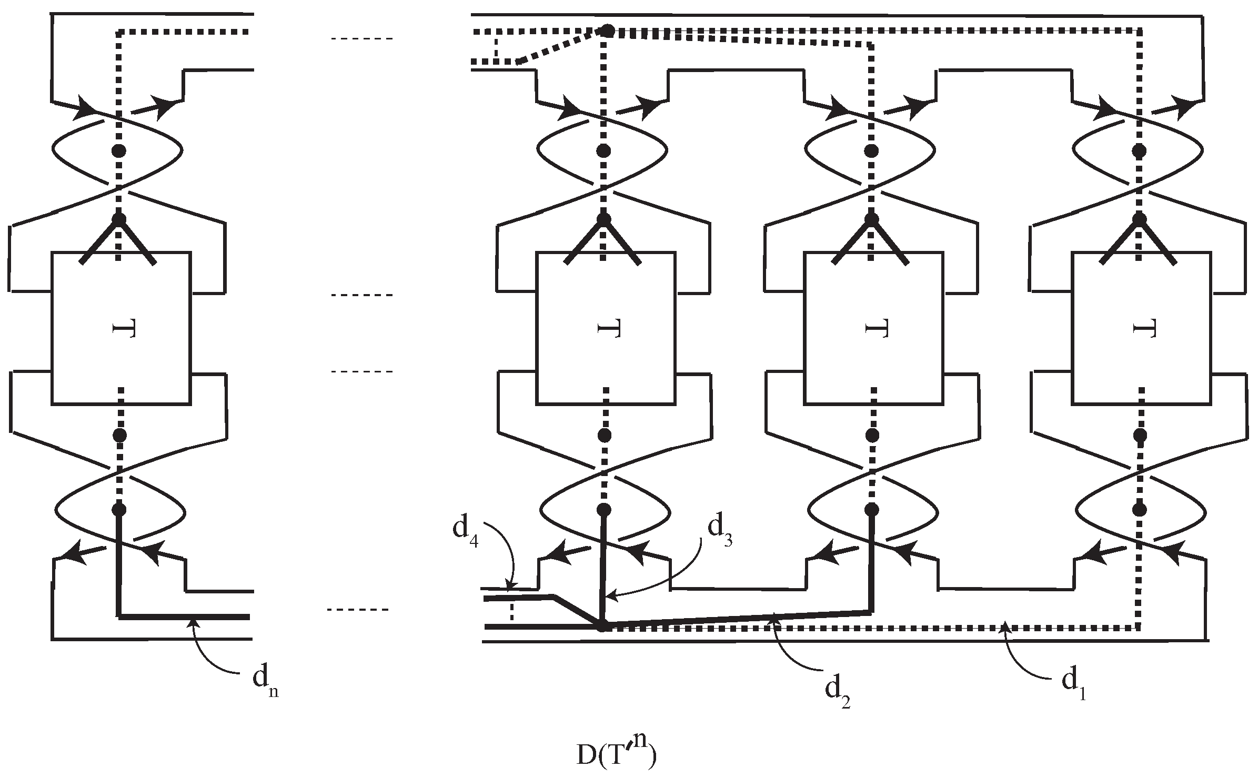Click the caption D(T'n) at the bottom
coord(616,754)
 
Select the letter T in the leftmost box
coord(124,330)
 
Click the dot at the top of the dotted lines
coord(607,31)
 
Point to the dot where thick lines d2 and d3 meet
coord(602,626)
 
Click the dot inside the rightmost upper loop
coord(1140,151)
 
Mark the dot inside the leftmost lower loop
coord(119,509)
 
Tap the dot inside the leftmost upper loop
coord(119,151)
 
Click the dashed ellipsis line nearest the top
coord(361,38)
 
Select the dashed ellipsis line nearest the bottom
coord(358,610)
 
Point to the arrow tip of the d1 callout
coord(1003,623)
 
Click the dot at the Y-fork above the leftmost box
coord(119,218)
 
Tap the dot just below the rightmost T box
coord(1140,435)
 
